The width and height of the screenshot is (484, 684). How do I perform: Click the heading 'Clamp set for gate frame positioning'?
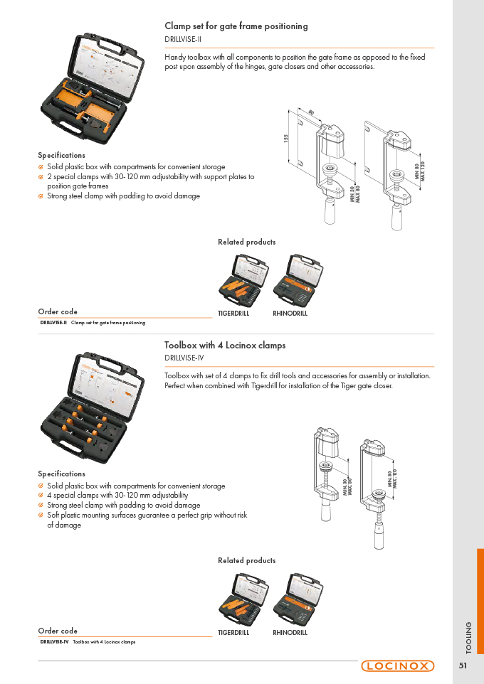point(236,26)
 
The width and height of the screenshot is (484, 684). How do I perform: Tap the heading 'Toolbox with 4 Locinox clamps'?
point(225,345)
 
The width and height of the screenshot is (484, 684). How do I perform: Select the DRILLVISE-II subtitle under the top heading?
point(183,39)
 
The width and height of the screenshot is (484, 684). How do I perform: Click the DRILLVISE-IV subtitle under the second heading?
point(184,358)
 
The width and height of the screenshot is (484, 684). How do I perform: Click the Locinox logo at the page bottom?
point(397,666)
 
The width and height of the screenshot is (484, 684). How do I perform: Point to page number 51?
point(463,666)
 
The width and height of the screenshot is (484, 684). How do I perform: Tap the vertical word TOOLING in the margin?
point(469,638)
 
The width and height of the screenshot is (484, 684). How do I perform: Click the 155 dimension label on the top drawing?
point(286,138)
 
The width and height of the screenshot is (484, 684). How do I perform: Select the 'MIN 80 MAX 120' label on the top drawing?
point(420,171)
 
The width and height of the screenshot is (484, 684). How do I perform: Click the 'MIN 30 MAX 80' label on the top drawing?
point(354,194)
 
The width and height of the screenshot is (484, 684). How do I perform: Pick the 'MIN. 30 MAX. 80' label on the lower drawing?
point(347,486)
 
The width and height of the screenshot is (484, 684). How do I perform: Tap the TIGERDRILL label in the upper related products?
point(233,314)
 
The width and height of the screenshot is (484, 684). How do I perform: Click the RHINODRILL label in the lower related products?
point(290,633)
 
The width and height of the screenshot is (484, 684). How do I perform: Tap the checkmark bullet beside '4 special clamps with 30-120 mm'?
point(41,496)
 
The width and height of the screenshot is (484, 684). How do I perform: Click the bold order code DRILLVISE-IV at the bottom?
point(54,641)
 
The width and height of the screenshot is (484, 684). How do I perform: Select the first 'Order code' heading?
point(58,311)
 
